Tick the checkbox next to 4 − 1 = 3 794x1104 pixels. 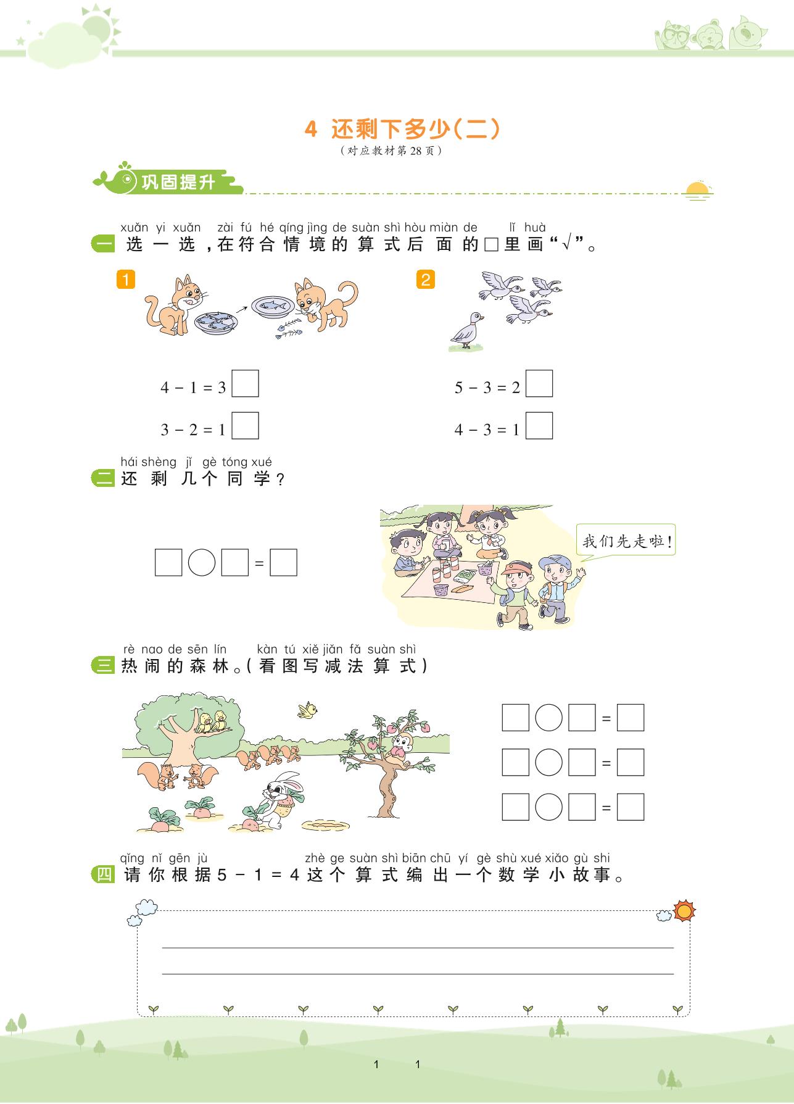click(245, 383)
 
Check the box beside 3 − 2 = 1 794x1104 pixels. click(245, 426)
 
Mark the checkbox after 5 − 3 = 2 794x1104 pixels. click(539, 383)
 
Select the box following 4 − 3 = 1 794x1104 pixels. click(539, 426)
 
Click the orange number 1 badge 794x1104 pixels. click(125, 280)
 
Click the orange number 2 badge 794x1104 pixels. click(426, 280)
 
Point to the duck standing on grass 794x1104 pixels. click(467, 330)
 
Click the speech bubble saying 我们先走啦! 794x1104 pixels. click(626, 541)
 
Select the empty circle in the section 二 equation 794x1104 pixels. click(201, 563)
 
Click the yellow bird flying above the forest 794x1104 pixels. click(308, 710)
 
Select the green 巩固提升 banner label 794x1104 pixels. click(178, 182)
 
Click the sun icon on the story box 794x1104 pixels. click(684, 911)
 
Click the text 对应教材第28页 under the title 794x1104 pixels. click(391, 151)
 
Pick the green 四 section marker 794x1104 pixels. click(103, 874)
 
